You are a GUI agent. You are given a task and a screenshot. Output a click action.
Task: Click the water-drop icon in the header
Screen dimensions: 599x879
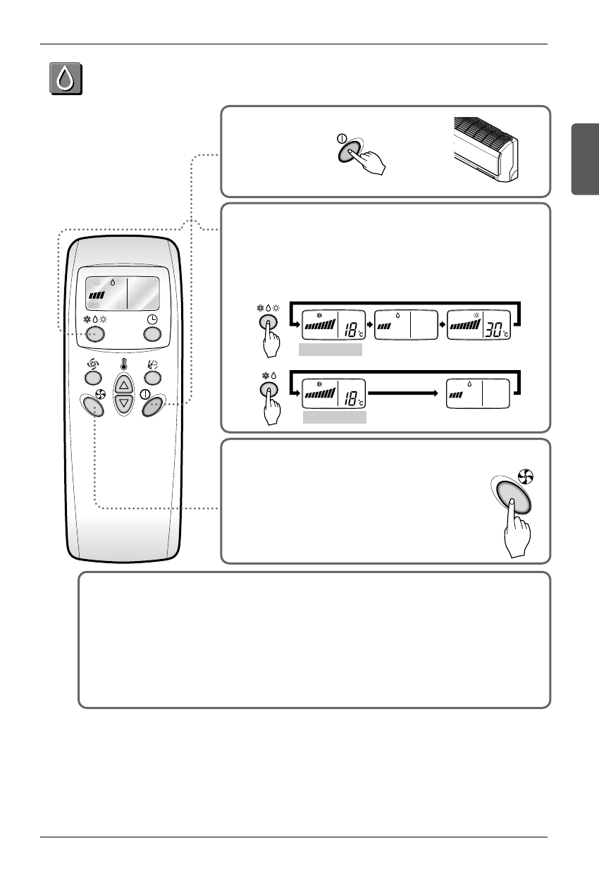click(65, 79)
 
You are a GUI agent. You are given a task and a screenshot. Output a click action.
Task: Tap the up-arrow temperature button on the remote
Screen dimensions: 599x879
click(124, 384)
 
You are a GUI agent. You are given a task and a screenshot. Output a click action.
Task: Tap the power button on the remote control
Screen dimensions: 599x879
click(152, 407)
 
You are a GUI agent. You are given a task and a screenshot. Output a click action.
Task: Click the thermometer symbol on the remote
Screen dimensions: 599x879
click(124, 364)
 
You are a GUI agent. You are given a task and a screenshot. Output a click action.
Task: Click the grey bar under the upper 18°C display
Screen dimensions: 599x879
click(330, 350)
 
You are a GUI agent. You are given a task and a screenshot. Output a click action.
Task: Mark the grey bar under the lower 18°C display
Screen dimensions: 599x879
click(334, 417)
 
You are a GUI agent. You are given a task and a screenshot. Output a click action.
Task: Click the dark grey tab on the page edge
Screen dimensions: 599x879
click(585, 159)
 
